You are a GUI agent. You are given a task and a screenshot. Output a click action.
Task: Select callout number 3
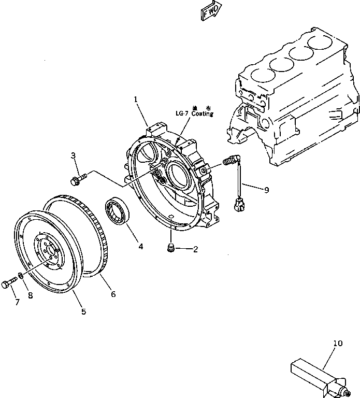click(x=73, y=155)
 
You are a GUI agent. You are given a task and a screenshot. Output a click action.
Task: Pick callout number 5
click(x=83, y=311)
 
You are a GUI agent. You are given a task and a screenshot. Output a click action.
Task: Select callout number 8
click(x=31, y=296)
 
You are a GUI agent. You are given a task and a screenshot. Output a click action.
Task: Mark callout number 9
click(x=266, y=190)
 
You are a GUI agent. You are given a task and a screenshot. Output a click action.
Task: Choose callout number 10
click(x=338, y=343)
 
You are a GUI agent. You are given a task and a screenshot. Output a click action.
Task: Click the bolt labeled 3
click(x=77, y=179)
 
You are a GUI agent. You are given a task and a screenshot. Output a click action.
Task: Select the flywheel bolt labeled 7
click(x=9, y=283)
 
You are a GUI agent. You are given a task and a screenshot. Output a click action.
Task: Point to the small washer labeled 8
click(x=21, y=275)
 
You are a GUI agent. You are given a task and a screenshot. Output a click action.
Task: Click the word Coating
click(x=202, y=113)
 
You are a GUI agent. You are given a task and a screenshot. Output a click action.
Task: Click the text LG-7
click(x=181, y=113)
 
